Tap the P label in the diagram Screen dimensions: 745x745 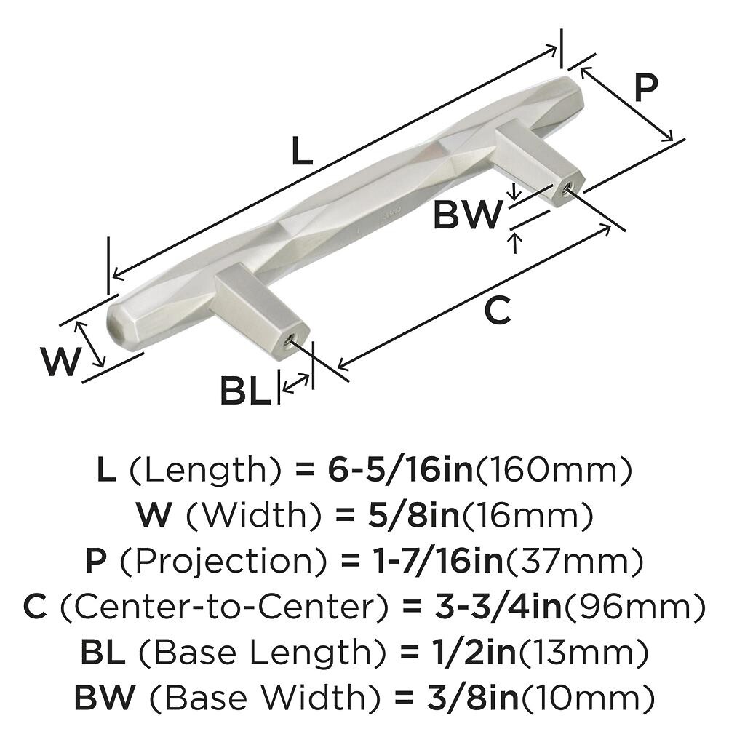[645, 88]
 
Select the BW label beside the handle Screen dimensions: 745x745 [468, 215]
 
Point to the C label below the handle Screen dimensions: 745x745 [498, 311]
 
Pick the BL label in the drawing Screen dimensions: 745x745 [243, 393]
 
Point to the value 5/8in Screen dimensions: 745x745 [409, 517]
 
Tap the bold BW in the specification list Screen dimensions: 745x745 [104, 698]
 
